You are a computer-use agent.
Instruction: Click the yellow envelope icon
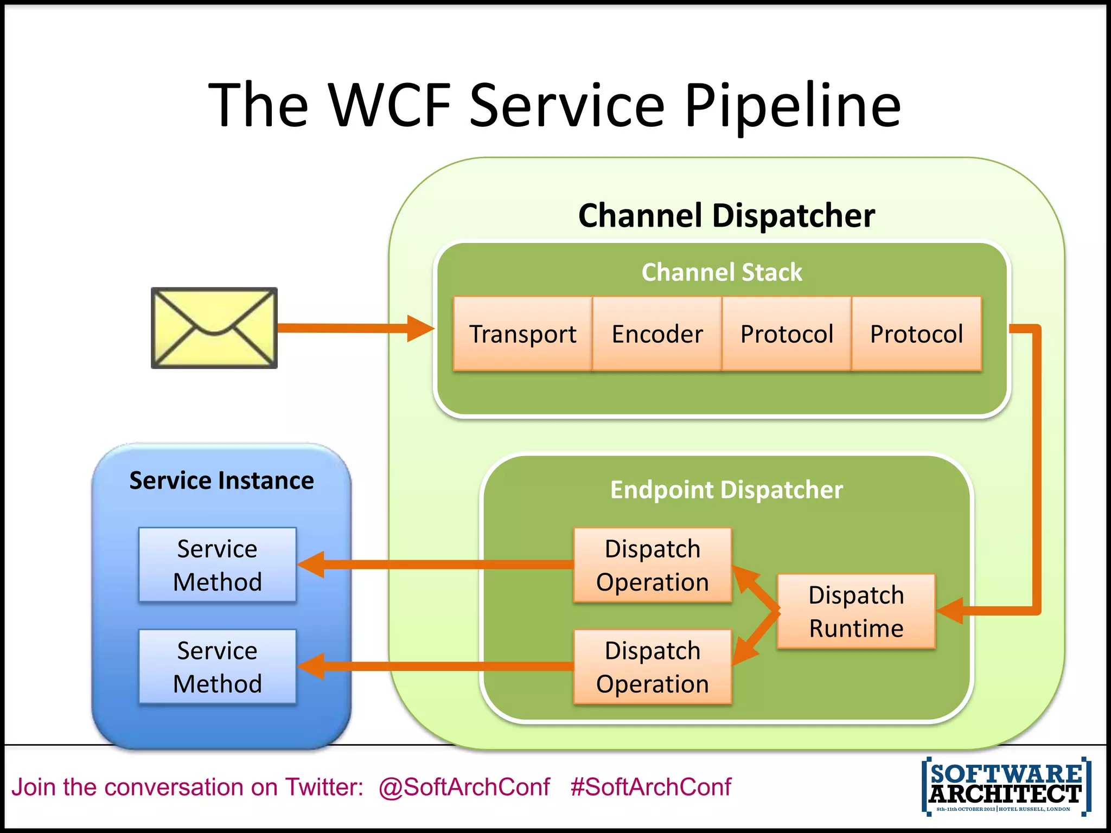(214, 328)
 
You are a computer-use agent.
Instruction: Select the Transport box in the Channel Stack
(522, 334)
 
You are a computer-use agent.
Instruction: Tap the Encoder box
(657, 334)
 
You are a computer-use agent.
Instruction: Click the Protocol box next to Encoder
(787, 334)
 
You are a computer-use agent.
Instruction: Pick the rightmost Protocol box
(917, 334)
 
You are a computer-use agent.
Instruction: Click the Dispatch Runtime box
(856, 611)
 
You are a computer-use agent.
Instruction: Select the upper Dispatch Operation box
(653, 565)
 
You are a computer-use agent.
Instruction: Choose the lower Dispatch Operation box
(653, 667)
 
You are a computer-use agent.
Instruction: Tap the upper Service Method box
(218, 565)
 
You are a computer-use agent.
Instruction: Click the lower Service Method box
(218, 667)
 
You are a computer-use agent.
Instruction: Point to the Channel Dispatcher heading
(726, 215)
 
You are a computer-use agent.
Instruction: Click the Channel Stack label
(721, 272)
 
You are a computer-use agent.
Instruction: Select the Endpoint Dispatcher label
(726, 490)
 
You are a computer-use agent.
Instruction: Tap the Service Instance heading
(221, 480)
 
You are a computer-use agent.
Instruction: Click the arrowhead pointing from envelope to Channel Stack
(420, 328)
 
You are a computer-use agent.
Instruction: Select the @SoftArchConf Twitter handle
(464, 787)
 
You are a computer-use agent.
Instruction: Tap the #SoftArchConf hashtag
(650, 787)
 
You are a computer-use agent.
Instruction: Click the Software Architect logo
(1006, 786)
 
